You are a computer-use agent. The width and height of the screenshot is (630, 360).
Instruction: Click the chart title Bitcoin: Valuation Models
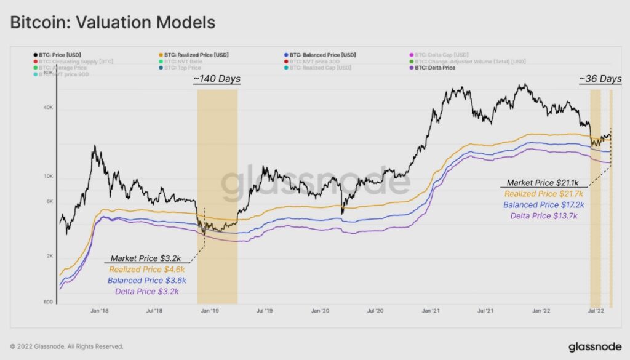[x=112, y=22]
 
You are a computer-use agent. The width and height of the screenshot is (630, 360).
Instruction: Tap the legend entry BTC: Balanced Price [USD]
[x=323, y=55]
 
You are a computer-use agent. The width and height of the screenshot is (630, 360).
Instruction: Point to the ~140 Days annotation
[x=217, y=79]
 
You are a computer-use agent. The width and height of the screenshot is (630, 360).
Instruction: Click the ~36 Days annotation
[x=600, y=79]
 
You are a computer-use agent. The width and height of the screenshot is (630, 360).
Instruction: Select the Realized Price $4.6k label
[x=147, y=269]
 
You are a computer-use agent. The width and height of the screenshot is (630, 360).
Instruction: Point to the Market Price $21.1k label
[x=544, y=183]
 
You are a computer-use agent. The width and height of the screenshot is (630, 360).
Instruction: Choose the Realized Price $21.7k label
[x=544, y=193]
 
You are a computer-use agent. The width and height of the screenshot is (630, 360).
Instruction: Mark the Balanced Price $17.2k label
[x=544, y=204]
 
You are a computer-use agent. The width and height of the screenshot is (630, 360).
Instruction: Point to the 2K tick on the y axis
[x=49, y=256]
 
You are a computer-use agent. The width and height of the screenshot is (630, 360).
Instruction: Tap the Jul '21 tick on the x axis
[x=486, y=311]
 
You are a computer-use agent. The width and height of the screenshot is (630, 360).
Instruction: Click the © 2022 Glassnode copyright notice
[x=66, y=346]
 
